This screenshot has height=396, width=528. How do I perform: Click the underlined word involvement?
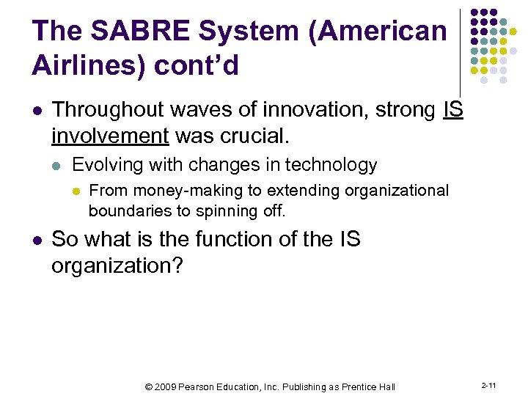(x=109, y=136)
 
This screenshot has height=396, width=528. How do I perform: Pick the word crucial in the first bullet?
(x=253, y=136)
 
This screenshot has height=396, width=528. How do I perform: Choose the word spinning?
(x=229, y=211)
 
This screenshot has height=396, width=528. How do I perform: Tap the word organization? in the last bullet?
(x=117, y=265)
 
